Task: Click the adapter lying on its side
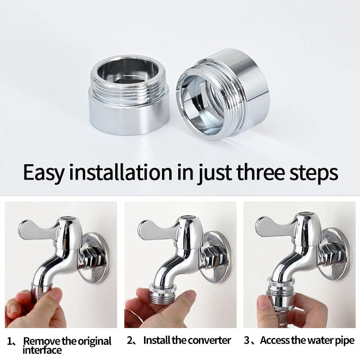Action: [223, 94]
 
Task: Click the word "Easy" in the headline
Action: [43, 173]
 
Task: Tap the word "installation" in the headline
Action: [121, 172]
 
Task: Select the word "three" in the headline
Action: [260, 172]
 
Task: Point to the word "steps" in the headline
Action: [314, 174]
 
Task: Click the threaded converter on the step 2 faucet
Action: [163, 293]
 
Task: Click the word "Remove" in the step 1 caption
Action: [42, 341]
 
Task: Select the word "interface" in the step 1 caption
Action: [42, 351]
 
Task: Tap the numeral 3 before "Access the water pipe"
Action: [246, 341]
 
